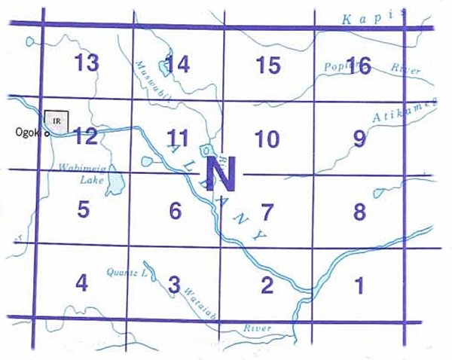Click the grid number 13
pos(87,63)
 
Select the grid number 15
pos(268,66)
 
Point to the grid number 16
pos(359,66)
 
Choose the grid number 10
pos(267,139)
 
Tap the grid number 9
pos(359,139)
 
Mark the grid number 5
pos(84,209)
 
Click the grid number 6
pos(175,211)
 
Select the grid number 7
pos(267,212)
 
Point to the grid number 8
pos(359,212)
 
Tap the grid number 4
pos(82,283)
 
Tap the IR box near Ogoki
pos(56,119)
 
